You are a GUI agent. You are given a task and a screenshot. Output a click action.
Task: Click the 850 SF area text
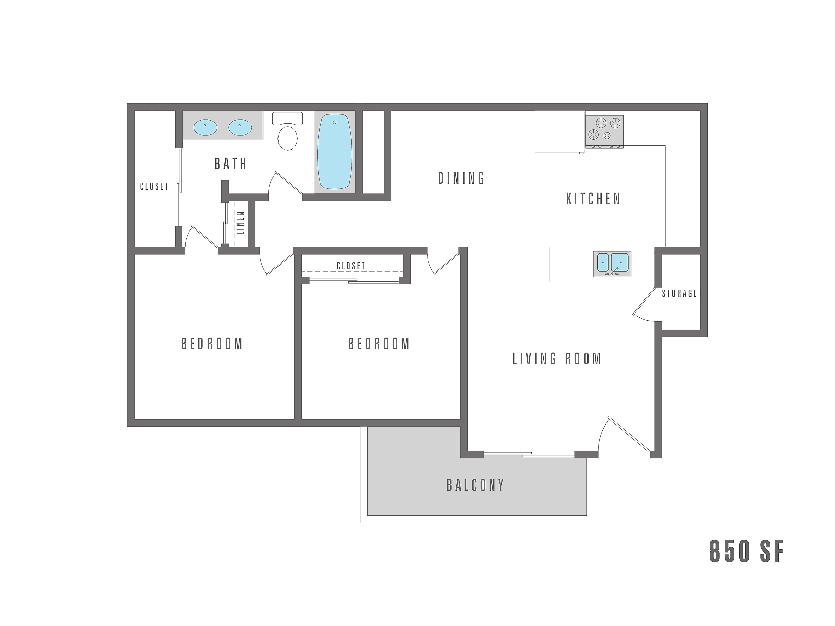(x=746, y=551)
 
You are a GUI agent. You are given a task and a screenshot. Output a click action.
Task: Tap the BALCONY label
(x=475, y=485)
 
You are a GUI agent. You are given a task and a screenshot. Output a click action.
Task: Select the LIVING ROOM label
(x=556, y=359)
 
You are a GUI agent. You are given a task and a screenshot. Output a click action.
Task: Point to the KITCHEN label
(x=593, y=199)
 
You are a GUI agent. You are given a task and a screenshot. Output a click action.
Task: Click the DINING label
(x=461, y=178)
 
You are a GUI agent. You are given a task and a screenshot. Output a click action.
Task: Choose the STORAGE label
(x=679, y=293)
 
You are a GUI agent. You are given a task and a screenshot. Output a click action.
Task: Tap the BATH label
(x=231, y=164)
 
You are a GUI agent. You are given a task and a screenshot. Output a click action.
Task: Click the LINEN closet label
(x=241, y=223)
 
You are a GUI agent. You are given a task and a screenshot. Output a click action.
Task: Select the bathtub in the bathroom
(x=335, y=151)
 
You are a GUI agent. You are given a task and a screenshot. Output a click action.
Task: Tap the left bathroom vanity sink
(x=205, y=127)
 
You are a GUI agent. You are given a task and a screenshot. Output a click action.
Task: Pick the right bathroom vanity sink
(x=240, y=127)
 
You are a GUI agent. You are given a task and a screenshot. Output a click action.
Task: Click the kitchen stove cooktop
(x=604, y=131)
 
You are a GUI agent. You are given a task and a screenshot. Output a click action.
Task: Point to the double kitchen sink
(x=612, y=263)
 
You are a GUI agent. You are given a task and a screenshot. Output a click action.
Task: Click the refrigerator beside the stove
(x=560, y=131)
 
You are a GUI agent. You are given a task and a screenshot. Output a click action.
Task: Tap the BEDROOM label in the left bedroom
(x=212, y=344)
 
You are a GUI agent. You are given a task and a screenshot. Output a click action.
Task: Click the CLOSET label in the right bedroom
(x=351, y=266)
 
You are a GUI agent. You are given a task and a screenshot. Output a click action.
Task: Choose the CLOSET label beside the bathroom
(x=154, y=186)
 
